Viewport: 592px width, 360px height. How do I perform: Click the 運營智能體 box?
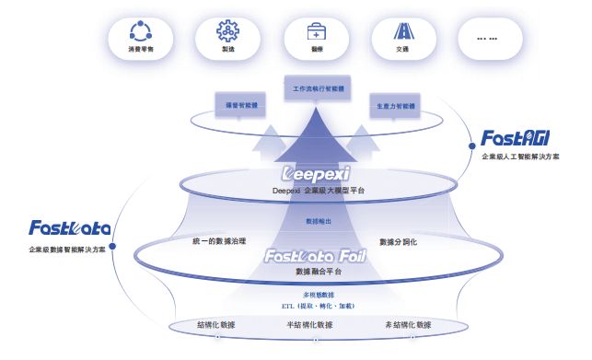238,106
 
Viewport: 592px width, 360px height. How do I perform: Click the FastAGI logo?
515,139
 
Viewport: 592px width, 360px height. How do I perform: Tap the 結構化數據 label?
216,325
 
